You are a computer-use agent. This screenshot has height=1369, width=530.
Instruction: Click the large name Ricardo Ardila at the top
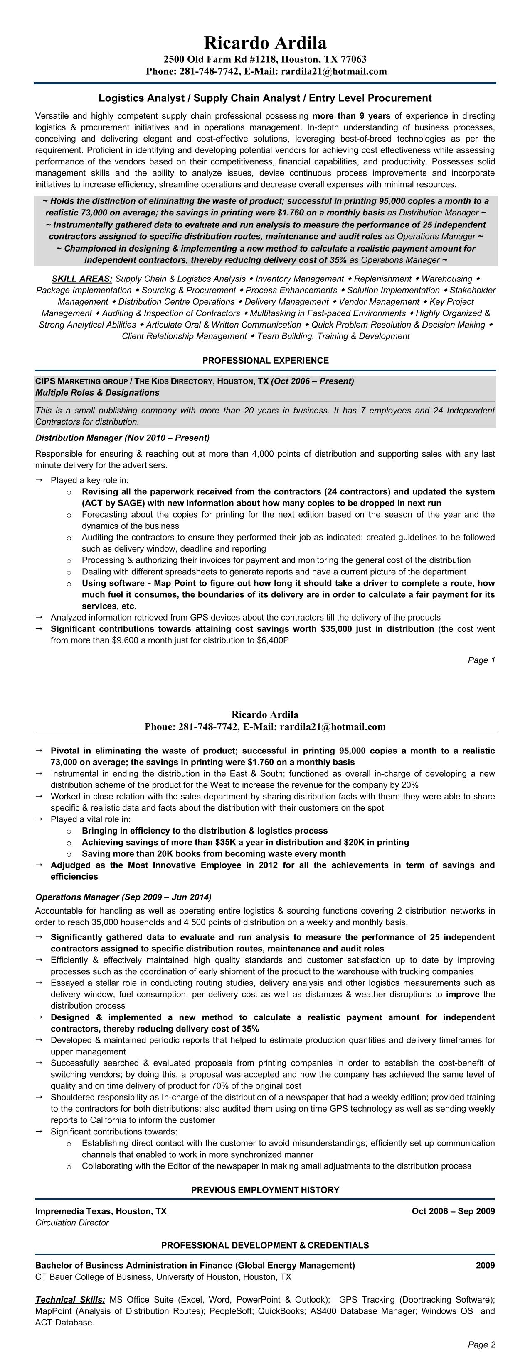point(265,42)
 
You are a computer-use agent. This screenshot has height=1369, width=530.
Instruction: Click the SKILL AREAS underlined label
point(82,279)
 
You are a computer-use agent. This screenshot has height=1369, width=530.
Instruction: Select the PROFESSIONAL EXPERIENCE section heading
point(265,360)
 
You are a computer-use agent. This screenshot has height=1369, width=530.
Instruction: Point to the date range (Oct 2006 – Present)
point(312,381)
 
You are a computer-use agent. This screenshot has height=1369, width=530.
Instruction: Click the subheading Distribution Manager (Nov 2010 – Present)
point(122,438)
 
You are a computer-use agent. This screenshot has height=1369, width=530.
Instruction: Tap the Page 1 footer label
point(481,660)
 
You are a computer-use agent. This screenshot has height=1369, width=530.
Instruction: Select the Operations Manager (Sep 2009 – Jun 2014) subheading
point(123,897)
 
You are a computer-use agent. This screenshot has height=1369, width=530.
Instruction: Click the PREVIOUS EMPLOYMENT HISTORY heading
point(265,1190)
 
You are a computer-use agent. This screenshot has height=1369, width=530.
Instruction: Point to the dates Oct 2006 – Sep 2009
point(453,1211)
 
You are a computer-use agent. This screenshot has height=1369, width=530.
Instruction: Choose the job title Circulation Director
point(72,1222)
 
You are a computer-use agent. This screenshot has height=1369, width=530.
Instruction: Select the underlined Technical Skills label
point(70,1299)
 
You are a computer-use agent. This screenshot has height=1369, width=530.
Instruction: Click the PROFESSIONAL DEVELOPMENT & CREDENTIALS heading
point(265,1245)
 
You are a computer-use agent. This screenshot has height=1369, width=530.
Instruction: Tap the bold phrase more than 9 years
point(351,116)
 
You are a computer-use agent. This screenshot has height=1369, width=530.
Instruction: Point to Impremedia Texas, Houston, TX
point(101,1211)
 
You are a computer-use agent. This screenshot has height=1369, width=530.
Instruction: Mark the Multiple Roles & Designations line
point(97,393)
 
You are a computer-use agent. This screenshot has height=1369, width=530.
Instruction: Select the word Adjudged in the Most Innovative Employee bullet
point(70,865)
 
